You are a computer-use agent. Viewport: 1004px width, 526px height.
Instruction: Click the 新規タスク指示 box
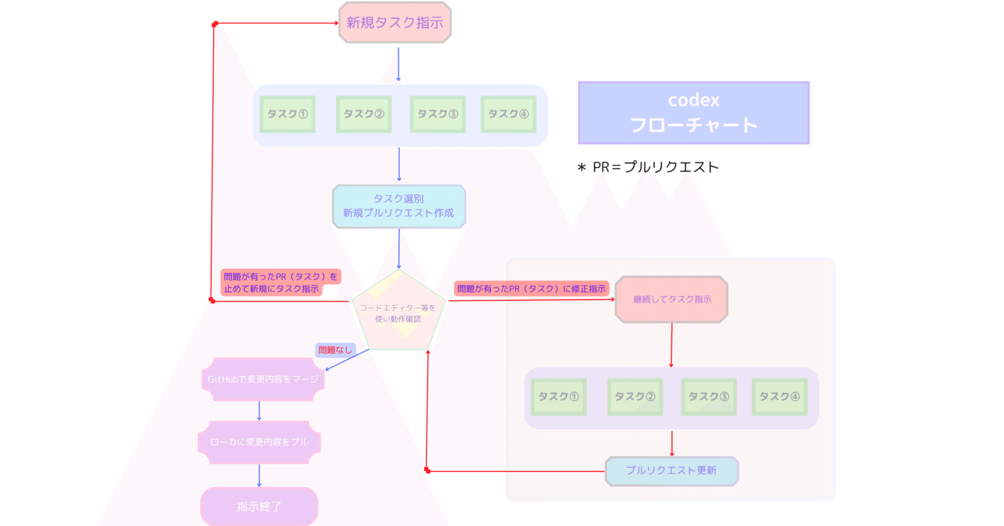point(395,23)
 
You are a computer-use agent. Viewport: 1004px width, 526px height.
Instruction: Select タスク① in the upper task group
point(288,114)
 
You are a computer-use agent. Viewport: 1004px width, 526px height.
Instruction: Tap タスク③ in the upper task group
point(438,114)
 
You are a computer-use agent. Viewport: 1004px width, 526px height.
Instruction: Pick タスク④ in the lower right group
point(779,397)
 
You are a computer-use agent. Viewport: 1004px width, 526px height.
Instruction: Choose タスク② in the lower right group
point(635,397)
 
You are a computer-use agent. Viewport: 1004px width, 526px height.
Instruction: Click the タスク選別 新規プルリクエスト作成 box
point(398,206)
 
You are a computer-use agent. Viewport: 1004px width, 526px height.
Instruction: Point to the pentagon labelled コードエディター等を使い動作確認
point(398,313)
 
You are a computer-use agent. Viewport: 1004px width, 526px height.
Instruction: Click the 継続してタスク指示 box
point(671,299)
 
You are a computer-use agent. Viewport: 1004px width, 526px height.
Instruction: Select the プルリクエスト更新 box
point(671,471)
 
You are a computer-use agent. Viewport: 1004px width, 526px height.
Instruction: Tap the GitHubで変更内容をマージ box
point(263,379)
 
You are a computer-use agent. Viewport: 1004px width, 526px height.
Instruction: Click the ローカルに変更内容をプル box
point(259,442)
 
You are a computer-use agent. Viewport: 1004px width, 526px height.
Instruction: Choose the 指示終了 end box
point(259,506)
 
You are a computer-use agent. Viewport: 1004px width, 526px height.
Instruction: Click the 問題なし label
point(335,350)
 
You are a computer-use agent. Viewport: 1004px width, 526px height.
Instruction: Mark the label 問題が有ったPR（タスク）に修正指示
point(531,288)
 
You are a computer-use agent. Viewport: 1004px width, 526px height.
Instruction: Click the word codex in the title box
point(693,100)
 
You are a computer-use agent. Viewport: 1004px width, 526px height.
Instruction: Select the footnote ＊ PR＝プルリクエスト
point(648,167)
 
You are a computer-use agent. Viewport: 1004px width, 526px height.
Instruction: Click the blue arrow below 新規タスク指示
point(398,64)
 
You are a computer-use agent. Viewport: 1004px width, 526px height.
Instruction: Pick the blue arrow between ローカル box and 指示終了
point(259,475)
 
